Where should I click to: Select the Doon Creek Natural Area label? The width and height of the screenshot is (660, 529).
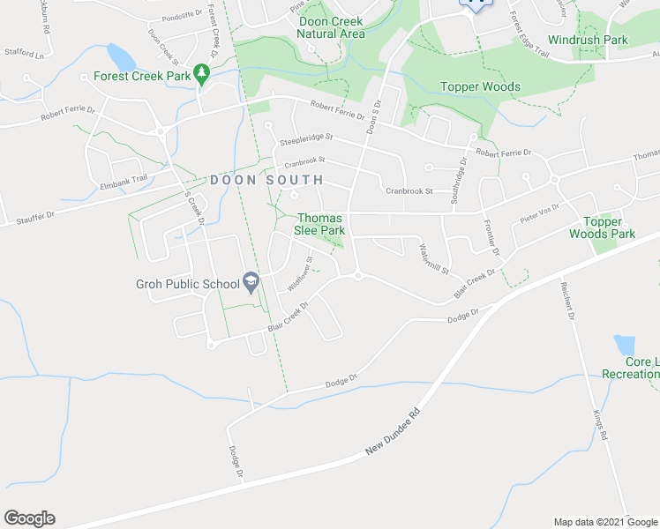[331, 27]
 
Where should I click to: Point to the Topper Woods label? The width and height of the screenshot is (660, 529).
[480, 87]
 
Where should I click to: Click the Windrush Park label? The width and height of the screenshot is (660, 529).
[588, 40]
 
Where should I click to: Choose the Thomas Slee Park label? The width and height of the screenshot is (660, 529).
[320, 224]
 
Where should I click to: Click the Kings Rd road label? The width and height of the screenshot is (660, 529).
[601, 423]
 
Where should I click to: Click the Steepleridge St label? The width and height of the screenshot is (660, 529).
[306, 138]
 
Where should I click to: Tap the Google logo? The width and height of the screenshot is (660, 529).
[29, 518]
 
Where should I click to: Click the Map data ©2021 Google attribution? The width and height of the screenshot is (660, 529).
[605, 522]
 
